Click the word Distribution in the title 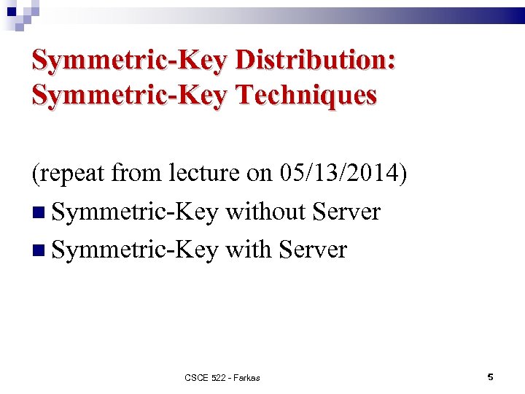pyautogui.click(x=315, y=61)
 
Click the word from pyautogui.click(x=141, y=174)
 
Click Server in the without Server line pyautogui.click(x=346, y=212)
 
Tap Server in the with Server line pyautogui.click(x=314, y=250)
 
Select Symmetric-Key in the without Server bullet pyautogui.click(x=135, y=212)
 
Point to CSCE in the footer pyautogui.click(x=196, y=378)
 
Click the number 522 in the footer pyautogui.click(x=219, y=378)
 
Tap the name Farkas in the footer pyautogui.click(x=247, y=378)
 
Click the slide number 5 pyautogui.click(x=490, y=377)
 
